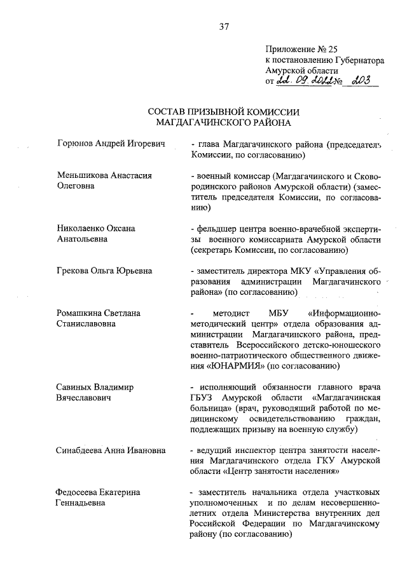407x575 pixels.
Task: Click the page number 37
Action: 223,27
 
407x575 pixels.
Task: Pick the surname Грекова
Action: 73,271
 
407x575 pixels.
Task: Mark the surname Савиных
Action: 72,387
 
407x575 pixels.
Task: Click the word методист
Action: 234,313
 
